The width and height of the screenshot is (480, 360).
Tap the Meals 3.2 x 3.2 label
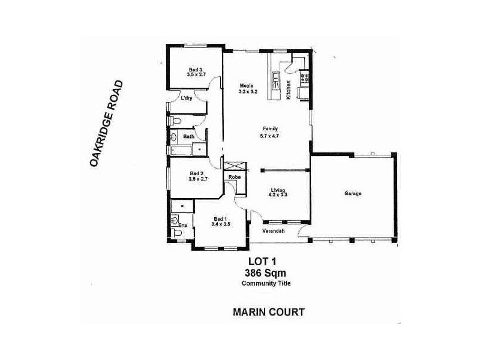tap(248, 88)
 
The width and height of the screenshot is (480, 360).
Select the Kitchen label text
tap(289, 89)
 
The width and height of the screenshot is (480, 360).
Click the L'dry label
tap(187, 98)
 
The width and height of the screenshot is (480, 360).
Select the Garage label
tap(353, 194)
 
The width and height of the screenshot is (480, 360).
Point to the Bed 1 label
tap(220, 221)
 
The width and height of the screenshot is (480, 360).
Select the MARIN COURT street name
tap(268, 312)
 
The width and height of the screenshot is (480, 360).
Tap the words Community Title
tap(266, 283)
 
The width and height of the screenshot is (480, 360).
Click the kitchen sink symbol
tap(275, 77)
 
